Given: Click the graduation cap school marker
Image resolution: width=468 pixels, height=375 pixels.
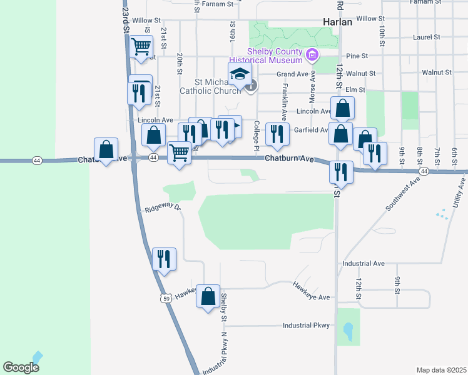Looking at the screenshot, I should (240, 74).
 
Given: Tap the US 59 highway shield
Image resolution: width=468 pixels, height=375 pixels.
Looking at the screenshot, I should (165, 299).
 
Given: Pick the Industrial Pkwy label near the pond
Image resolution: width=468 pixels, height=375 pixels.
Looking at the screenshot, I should (306, 326).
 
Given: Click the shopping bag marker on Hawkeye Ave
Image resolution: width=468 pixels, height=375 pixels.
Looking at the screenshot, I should (208, 297).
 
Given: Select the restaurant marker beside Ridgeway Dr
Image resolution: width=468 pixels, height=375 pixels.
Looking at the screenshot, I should (164, 259).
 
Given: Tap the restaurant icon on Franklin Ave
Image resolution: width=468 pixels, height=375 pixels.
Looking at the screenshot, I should (274, 133).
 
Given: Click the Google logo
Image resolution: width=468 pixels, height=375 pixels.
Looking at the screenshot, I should (21, 367).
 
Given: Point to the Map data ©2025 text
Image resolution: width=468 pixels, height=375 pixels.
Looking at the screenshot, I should (440, 370).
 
